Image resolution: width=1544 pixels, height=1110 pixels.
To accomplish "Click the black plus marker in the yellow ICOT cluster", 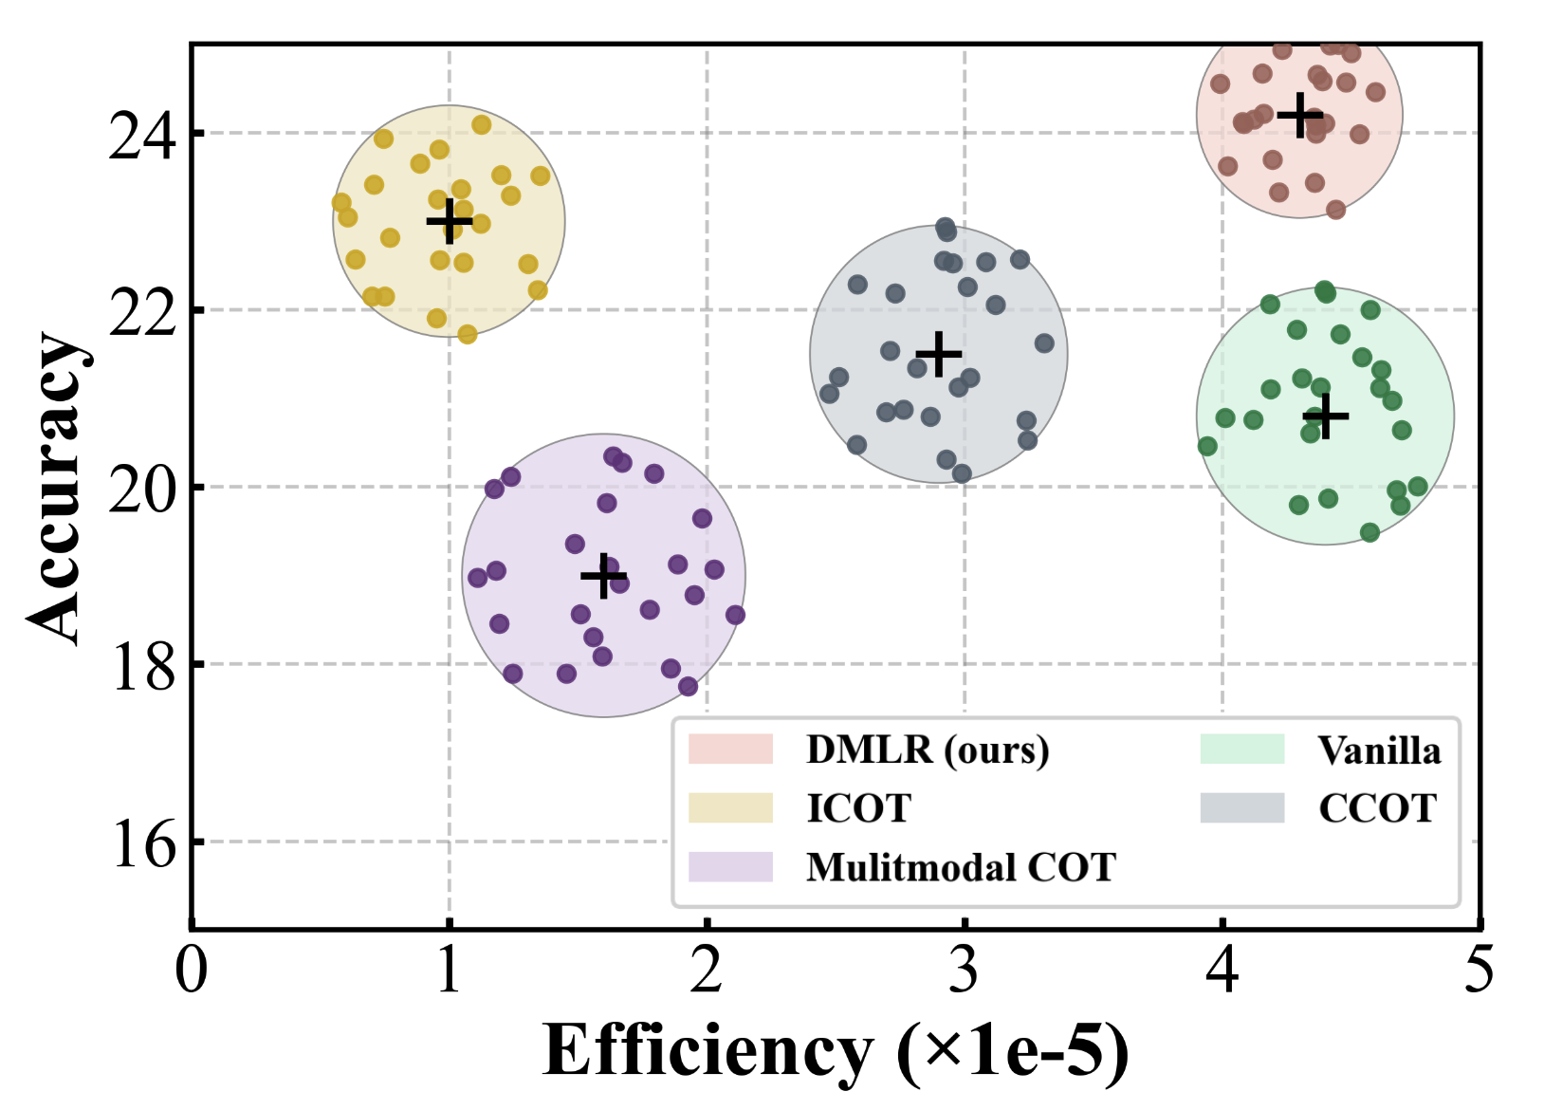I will [449, 221].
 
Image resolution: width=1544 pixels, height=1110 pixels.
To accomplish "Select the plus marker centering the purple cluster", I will [603, 576].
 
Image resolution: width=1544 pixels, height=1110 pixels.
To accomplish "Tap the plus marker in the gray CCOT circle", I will [938, 355].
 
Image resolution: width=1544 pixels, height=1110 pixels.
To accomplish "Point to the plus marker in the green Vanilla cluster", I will [1325, 416].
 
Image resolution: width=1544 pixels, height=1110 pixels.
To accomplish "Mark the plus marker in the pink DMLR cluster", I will [1299, 115].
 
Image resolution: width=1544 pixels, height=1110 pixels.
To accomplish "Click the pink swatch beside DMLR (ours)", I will [730, 749].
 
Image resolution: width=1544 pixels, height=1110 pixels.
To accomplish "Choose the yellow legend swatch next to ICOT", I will [730, 807].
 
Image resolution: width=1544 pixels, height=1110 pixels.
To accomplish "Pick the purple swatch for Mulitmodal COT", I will [730, 866].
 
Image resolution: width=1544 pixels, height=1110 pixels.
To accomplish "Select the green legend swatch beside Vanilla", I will [1241, 749].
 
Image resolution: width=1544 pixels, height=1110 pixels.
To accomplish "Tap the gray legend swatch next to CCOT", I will [1241, 807].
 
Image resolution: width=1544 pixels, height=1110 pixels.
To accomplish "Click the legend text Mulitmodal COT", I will [961, 867].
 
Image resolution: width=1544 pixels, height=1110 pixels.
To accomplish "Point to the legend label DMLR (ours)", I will [928, 749].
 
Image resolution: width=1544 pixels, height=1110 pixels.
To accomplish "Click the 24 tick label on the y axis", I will [142, 136].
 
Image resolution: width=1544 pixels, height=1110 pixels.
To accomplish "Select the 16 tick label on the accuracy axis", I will [142, 843].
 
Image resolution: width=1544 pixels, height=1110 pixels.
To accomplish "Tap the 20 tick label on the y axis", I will [142, 490].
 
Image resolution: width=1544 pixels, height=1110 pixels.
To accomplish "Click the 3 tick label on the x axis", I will [964, 971].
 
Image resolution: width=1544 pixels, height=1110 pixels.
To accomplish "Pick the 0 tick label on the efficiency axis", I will [192, 971].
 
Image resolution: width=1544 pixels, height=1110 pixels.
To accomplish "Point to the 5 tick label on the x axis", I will [1479, 971].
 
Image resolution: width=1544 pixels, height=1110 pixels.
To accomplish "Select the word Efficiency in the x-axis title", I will [708, 1051].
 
